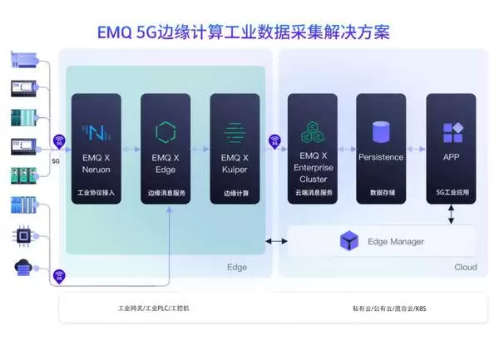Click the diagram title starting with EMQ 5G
coord(249,32)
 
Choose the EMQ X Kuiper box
coord(235,150)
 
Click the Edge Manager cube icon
coord(349,241)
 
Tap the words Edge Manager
coord(395,242)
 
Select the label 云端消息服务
coord(312,193)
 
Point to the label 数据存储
coord(381,193)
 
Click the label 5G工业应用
coord(452,193)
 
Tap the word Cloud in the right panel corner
coord(465,267)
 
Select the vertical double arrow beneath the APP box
coord(452,215)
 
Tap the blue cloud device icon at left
coord(22,268)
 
